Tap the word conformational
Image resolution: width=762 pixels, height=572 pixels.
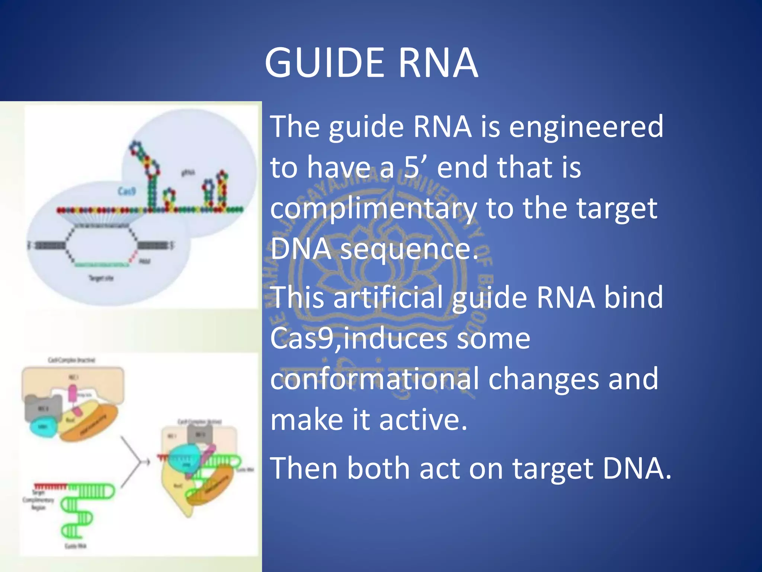(374, 379)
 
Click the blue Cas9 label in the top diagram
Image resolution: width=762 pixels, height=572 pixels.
(127, 191)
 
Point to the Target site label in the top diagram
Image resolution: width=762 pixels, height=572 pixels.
(100, 278)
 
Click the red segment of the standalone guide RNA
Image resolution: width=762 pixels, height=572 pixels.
(50, 486)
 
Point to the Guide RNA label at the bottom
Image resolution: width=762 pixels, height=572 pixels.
(76, 546)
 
